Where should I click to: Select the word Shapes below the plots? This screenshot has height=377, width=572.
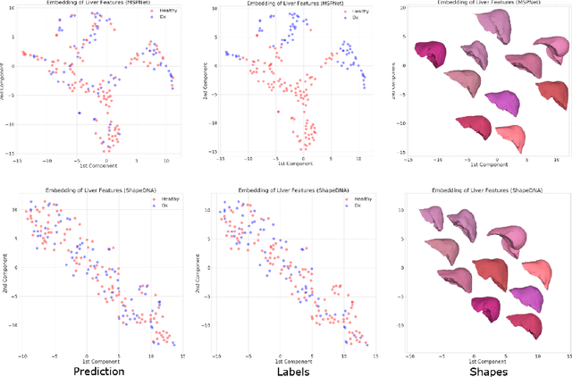point(484,369)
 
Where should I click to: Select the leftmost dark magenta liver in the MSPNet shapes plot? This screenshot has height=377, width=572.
point(433,53)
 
